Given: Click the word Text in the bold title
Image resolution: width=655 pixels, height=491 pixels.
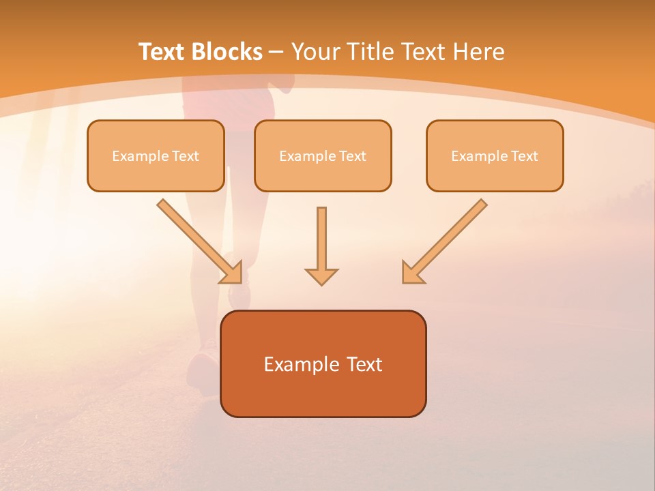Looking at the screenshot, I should (x=162, y=52).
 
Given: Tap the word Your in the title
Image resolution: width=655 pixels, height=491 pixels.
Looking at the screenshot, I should (x=316, y=52).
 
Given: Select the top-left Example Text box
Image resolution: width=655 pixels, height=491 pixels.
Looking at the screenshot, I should (x=156, y=155).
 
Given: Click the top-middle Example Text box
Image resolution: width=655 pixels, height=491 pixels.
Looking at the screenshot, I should (x=323, y=155).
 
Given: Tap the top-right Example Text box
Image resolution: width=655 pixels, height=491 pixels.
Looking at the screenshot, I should (x=495, y=155).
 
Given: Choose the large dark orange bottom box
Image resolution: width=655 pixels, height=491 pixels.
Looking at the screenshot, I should (x=323, y=363).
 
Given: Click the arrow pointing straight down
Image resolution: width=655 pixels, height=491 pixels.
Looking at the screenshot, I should (x=321, y=242).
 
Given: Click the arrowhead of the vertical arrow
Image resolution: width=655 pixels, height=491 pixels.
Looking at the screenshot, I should (x=321, y=276).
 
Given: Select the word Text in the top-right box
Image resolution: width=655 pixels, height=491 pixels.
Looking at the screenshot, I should (x=525, y=156).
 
